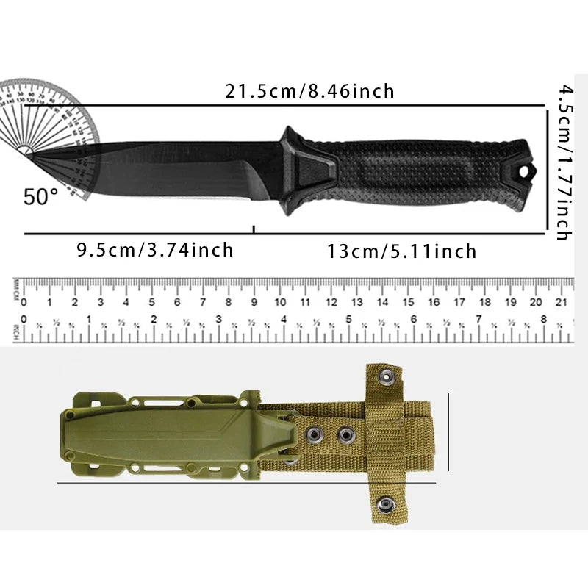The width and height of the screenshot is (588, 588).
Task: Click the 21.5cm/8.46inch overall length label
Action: pyautogui.click(x=309, y=92)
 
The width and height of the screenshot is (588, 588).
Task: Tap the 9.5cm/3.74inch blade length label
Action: pyautogui.click(x=155, y=250)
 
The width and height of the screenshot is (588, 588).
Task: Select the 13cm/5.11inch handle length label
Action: pyautogui.click(x=401, y=251)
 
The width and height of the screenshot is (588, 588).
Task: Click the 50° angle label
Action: pyautogui.click(x=40, y=196)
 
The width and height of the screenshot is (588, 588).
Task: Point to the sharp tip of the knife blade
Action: pyautogui.click(x=32, y=153)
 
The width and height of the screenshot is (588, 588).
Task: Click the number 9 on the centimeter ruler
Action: pyautogui.click(x=254, y=302)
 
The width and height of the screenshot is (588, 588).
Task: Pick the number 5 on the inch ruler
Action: pyautogui.click(x=348, y=320)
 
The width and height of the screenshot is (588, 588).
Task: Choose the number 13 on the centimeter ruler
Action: pyautogui.click(x=357, y=302)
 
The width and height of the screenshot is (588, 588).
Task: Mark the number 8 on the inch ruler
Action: pyautogui.click(x=543, y=320)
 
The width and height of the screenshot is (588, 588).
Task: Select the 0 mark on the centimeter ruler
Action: pyautogui.click(x=24, y=302)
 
